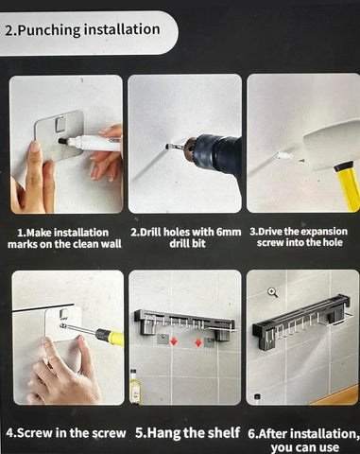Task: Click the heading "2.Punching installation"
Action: point(82,30)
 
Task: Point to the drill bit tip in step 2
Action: point(166,146)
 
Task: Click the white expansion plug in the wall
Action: point(283,155)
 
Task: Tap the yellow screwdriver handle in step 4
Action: point(106,334)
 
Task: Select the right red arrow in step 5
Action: point(198,341)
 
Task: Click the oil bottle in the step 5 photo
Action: point(135,387)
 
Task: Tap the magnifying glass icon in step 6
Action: point(272,292)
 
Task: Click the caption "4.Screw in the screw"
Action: point(65,432)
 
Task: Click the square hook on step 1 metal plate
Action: point(60,124)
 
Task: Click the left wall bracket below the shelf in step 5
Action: point(163,340)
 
